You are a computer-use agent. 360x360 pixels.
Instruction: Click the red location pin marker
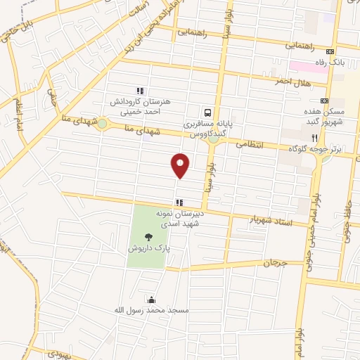(181, 165)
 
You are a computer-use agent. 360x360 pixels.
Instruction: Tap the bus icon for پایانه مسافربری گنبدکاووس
(207, 112)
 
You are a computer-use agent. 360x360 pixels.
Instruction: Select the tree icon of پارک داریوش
(148, 238)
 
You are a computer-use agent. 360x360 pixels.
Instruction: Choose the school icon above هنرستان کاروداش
(140, 90)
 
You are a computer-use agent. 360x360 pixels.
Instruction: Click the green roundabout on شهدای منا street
(102, 124)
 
